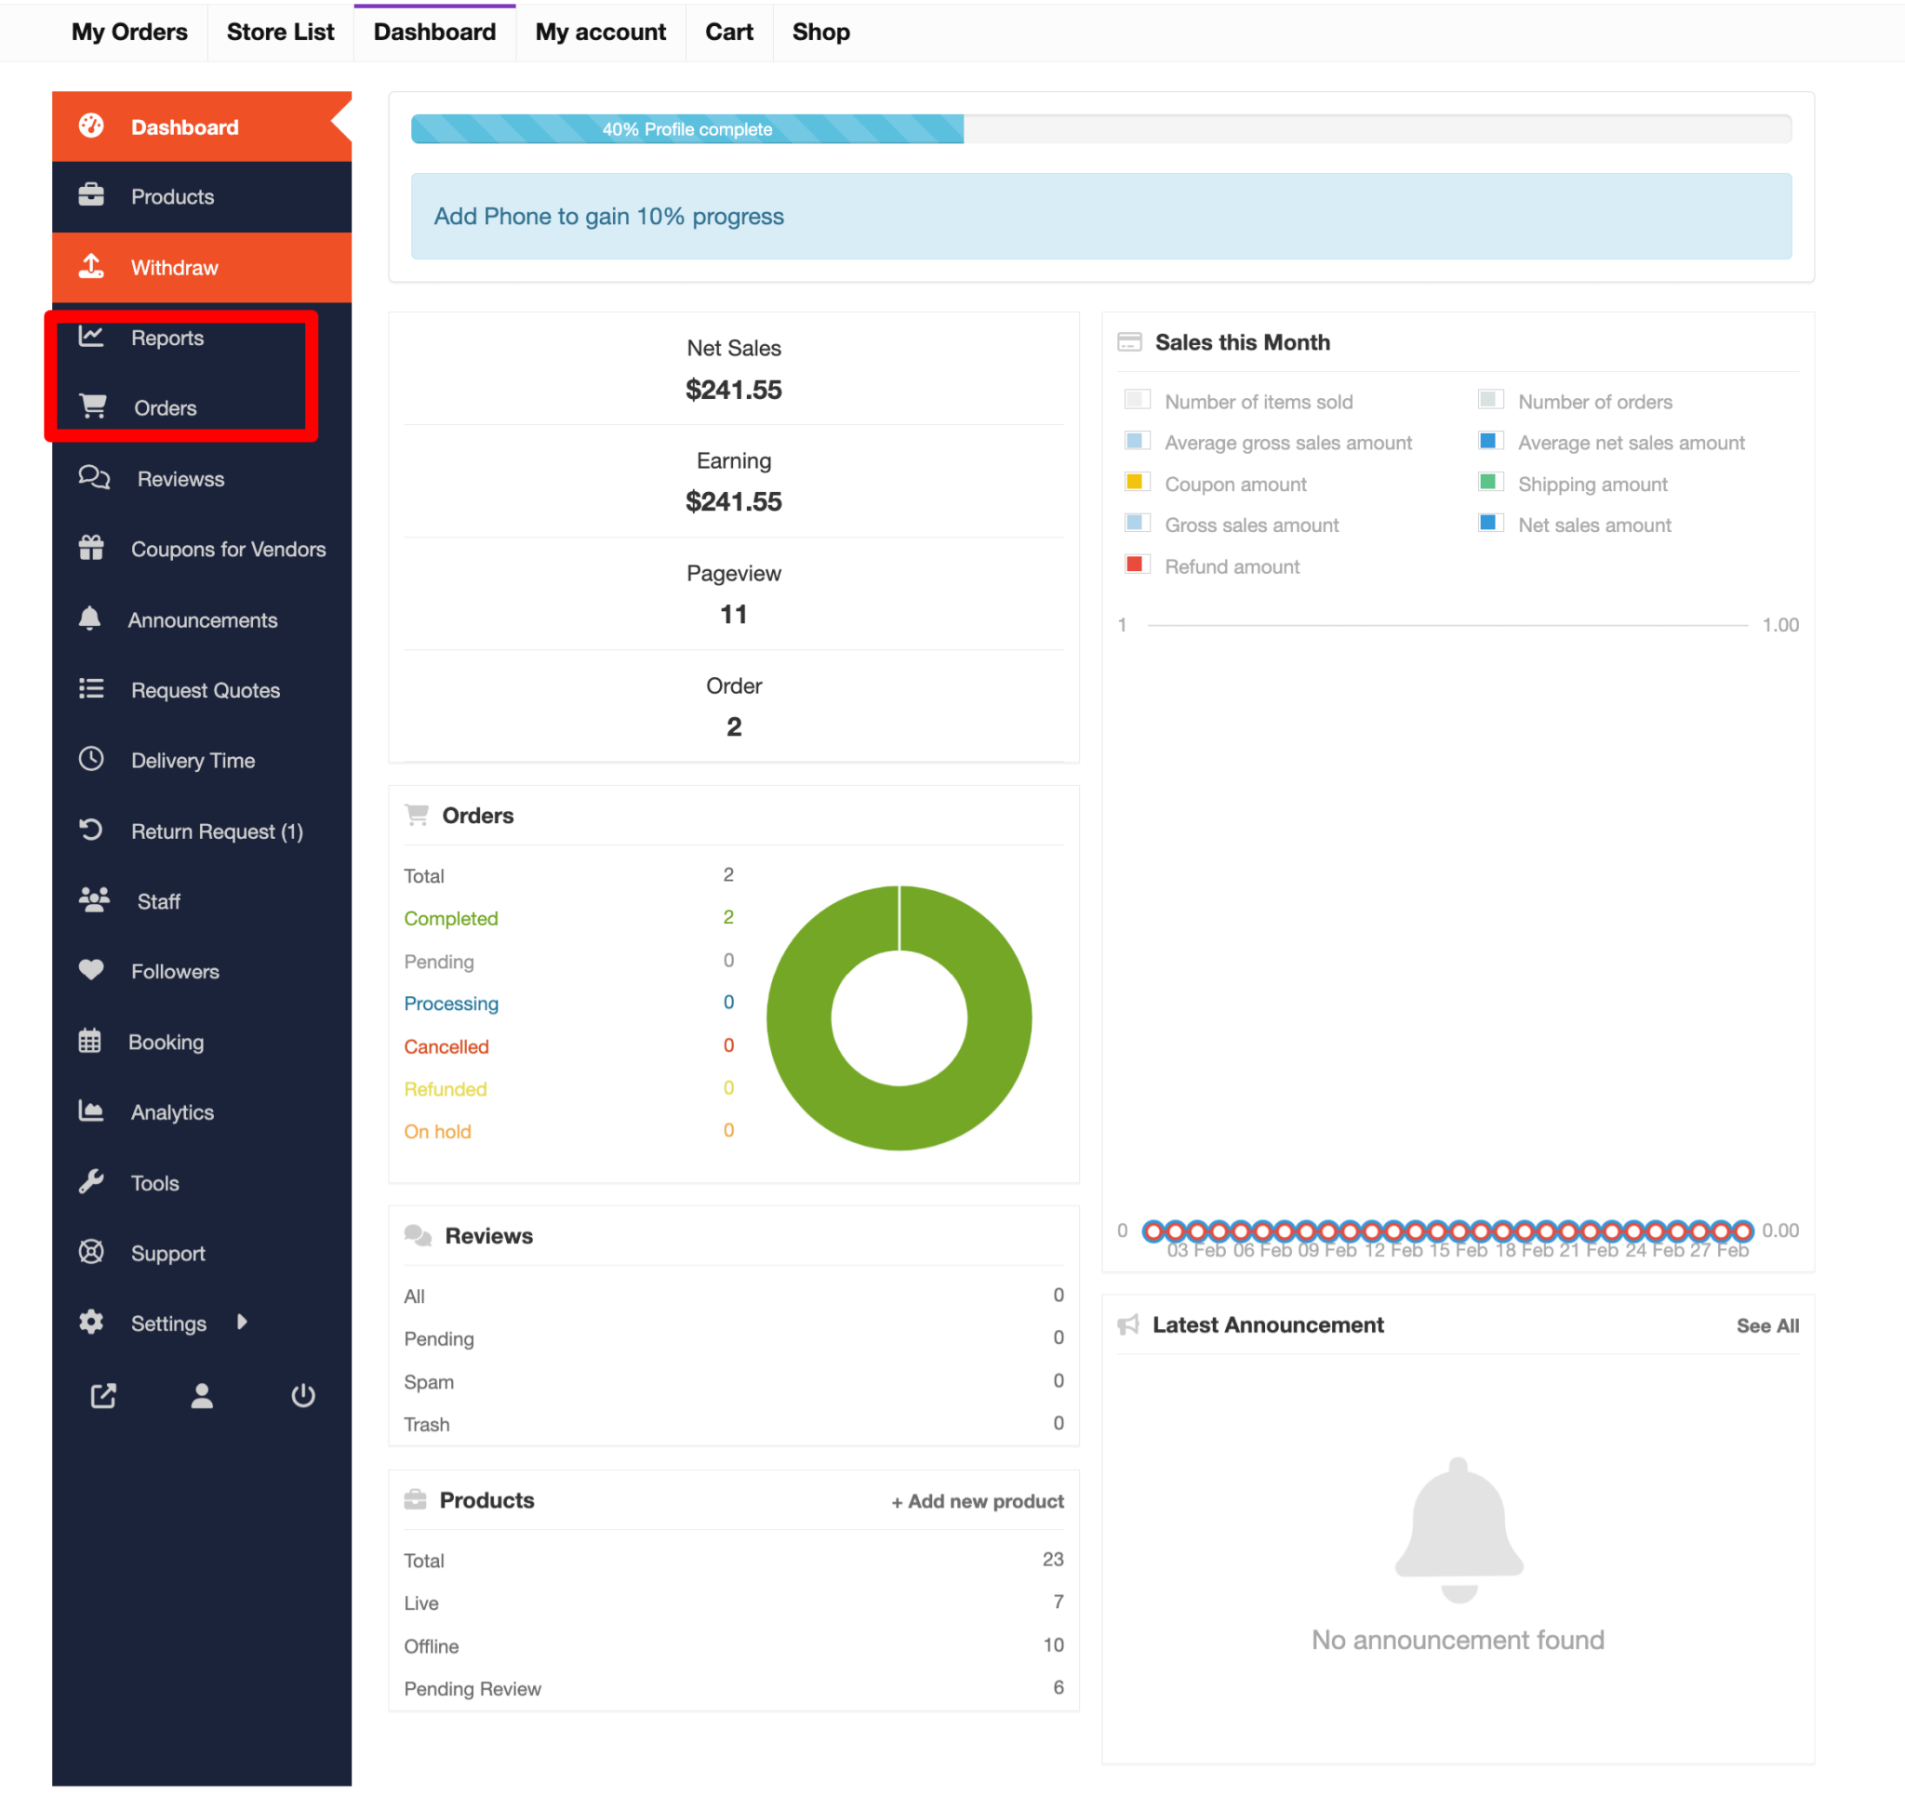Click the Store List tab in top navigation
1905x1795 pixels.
tap(280, 33)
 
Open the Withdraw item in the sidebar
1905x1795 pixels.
tap(174, 267)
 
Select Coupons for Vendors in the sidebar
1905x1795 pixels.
tap(228, 549)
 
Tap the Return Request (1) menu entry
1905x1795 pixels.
tap(217, 831)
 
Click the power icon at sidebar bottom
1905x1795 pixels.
tap(303, 1395)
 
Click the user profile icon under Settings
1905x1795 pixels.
tap(201, 1395)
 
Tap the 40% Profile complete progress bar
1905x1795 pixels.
tap(687, 129)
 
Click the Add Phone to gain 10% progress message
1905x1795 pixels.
tap(608, 217)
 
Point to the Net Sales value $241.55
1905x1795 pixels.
tap(733, 390)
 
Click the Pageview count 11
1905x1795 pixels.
tap(733, 615)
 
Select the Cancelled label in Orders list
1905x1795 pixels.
tap(446, 1046)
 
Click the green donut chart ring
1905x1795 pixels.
tap(803, 1017)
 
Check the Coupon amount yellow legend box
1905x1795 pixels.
tap(1136, 483)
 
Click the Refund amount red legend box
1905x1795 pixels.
tap(1136, 565)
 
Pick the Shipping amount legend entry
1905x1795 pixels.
tap(1592, 484)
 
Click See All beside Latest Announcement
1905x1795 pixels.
tap(1767, 1325)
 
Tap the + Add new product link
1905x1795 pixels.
tap(978, 1501)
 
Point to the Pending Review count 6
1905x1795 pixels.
tap(1058, 1688)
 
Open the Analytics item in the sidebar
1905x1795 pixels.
tap(172, 1111)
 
